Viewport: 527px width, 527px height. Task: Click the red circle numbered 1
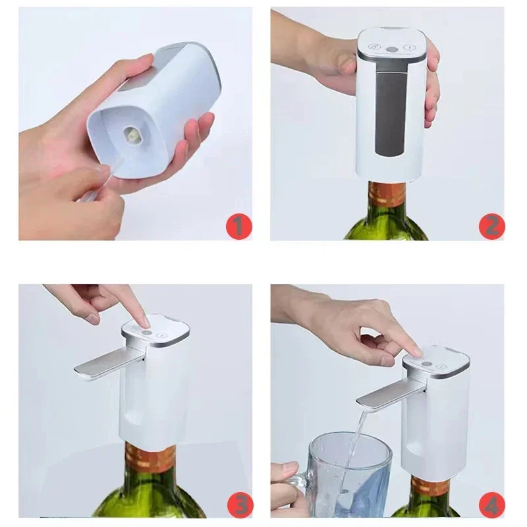[x=239, y=227]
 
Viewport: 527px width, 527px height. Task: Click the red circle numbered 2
[x=491, y=227]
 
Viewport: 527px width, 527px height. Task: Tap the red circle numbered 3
[x=239, y=505]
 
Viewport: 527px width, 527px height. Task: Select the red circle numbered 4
[x=491, y=505]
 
